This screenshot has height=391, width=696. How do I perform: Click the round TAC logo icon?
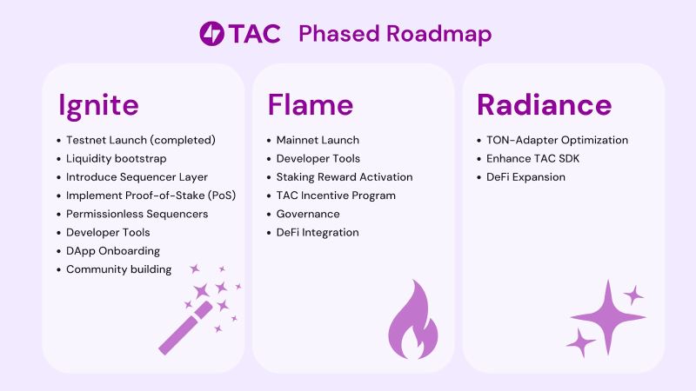(x=211, y=33)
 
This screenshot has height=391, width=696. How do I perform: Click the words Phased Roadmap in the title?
(x=395, y=34)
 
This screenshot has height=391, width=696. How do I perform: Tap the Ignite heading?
(x=98, y=105)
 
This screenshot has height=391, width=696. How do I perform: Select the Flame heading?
(x=311, y=104)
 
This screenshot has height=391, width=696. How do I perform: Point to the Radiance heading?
(x=545, y=104)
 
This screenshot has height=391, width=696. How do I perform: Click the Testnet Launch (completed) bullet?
(x=141, y=140)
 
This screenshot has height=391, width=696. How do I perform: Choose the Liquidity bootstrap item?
(x=117, y=159)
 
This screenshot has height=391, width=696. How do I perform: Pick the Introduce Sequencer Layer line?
(x=137, y=177)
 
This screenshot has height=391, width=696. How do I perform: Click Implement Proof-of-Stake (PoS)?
(x=151, y=195)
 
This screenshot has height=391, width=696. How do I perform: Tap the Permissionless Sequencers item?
(x=137, y=214)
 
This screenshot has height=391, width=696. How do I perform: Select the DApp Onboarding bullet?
(x=113, y=251)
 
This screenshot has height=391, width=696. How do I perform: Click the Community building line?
(x=118, y=269)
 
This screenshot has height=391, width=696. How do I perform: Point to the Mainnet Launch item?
(x=318, y=140)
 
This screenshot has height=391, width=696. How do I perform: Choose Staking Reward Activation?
(x=345, y=177)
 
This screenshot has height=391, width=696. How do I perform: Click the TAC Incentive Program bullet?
(x=336, y=195)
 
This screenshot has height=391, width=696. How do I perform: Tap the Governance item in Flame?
(x=308, y=214)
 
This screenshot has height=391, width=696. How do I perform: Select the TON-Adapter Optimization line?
(x=557, y=140)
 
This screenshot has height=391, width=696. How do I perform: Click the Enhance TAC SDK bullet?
(x=532, y=159)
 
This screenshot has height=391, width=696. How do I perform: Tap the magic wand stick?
(x=186, y=328)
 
